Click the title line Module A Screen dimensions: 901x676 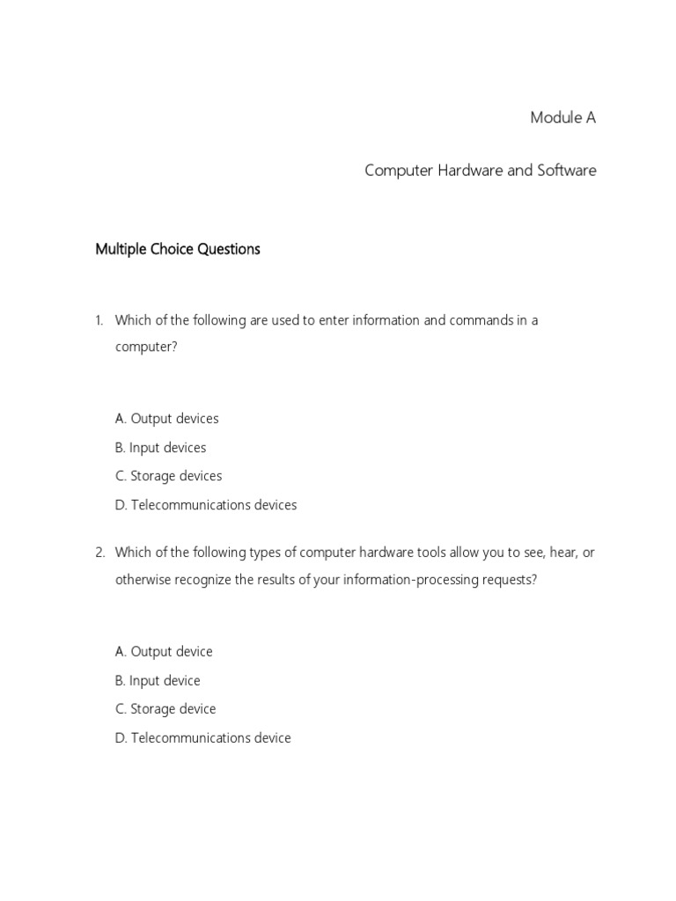click(562, 118)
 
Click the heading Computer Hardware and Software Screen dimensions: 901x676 click(480, 170)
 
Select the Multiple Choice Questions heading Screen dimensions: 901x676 click(177, 249)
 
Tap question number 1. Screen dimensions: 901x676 click(99, 320)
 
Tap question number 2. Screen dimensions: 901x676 click(99, 553)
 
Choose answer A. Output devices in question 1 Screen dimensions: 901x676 click(166, 419)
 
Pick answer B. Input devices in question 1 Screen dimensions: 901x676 click(160, 448)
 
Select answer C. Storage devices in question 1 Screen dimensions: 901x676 click(168, 476)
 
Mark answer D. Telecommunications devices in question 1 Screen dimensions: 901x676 click(206, 505)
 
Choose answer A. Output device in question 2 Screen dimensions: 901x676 click(164, 652)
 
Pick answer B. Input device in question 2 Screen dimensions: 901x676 click(158, 681)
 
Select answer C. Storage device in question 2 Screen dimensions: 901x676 click(165, 709)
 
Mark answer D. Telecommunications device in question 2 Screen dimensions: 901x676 click(202, 738)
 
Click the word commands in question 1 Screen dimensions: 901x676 click(481, 320)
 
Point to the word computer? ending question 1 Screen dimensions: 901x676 click(146, 348)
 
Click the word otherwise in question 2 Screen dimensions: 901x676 click(143, 581)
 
